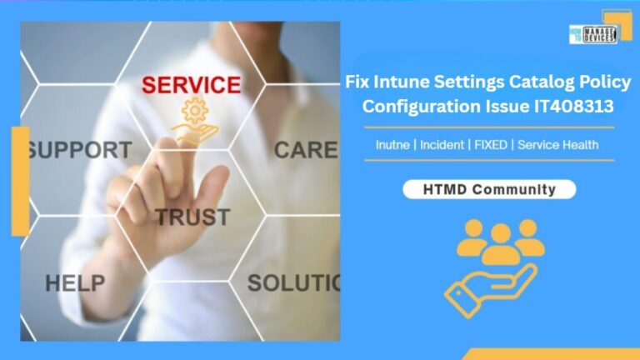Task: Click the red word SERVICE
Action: pyautogui.click(x=191, y=85)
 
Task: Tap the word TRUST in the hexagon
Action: pyautogui.click(x=192, y=217)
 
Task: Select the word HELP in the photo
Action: pyautogui.click(x=75, y=283)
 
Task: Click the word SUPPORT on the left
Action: pyautogui.click(x=78, y=151)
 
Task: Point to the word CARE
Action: pyautogui.click(x=305, y=151)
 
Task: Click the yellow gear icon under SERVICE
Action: pyautogui.click(x=194, y=110)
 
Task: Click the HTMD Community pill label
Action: pyautogui.click(x=488, y=190)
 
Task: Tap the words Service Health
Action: pyautogui.click(x=557, y=145)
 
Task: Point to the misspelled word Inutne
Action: pyautogui.click(x=392, y=145)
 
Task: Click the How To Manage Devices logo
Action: pyautogui.click(x=592, y=34)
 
